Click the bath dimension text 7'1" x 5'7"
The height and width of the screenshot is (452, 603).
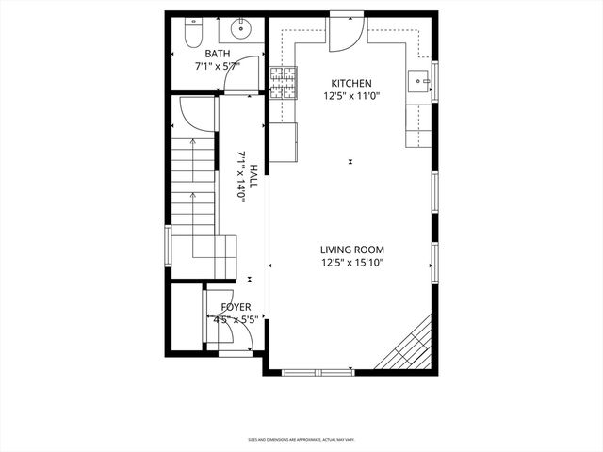tap(218, 67)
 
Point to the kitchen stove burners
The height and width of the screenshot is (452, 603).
tap(283, 83)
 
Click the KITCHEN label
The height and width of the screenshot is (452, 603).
tap(350, 83)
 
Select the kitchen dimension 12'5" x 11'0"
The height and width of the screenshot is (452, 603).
tap(350, 95)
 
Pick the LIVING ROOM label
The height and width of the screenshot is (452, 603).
tap(351, 250)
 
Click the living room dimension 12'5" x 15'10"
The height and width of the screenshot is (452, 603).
tap(351, 263)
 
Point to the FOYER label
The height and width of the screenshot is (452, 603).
tap(236, 307)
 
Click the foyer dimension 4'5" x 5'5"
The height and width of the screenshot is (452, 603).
tap(236, 319)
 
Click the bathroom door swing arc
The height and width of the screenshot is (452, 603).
tap(236, 83)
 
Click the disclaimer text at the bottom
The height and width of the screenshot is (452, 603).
tap(301, 439)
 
